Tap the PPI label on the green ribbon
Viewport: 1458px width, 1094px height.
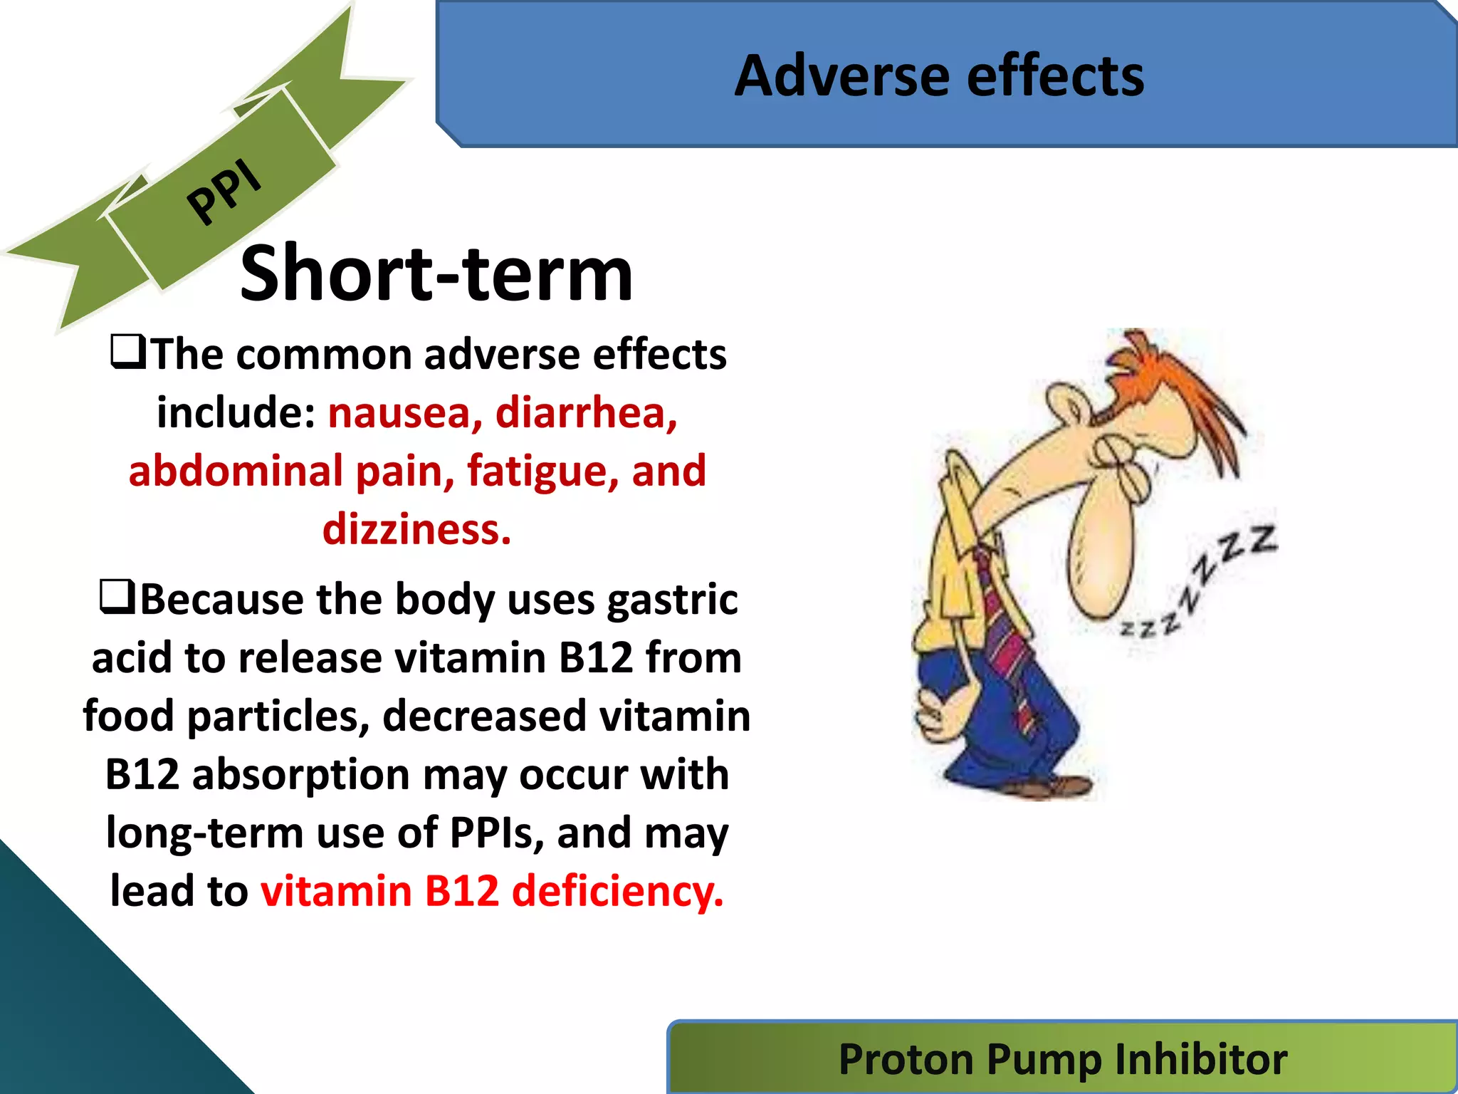pos(224,190)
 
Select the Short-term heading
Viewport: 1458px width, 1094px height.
pos(436,273)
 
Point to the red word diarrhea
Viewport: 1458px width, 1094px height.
pos(586,413)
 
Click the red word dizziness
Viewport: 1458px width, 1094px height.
pos(416,530)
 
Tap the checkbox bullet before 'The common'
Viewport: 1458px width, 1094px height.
pos(128,353)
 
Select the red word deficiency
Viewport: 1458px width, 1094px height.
pos(617,892)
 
